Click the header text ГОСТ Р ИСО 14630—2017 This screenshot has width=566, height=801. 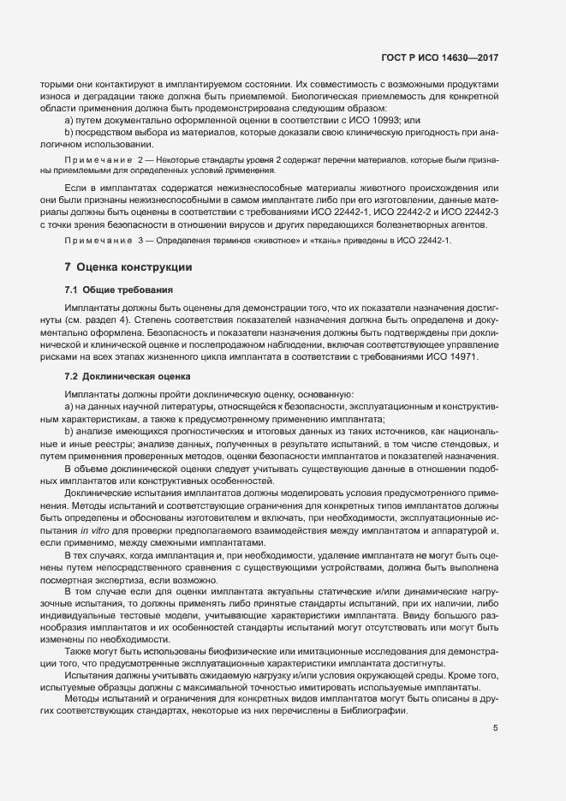[x=439, y=57]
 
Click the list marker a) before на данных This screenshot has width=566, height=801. [x=69, y=405]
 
